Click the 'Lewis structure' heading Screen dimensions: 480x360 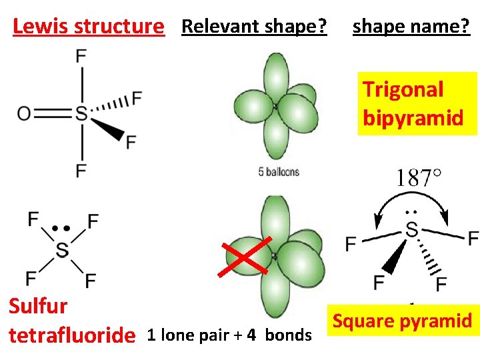coord(88,27)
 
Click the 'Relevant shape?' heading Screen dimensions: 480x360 coord(254,27)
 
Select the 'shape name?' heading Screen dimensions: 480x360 coord(411,27)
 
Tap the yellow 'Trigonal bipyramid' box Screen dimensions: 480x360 coord(417,103)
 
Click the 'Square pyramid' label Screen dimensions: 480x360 coord(402,321)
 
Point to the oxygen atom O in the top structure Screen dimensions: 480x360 coord(24,113)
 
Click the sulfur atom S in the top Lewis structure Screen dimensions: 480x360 coord(81,113)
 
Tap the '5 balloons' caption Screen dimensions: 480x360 coord(279,172)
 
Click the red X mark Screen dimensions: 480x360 coord(247,255)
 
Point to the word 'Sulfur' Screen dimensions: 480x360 coord(37,306)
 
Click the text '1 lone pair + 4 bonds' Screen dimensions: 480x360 coord(229,335)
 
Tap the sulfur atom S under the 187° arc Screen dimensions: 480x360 coord(411,230)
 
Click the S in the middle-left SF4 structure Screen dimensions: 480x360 coord(62,250)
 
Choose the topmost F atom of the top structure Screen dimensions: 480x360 coord(81,55)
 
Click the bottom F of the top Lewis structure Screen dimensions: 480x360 coord(81,171)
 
